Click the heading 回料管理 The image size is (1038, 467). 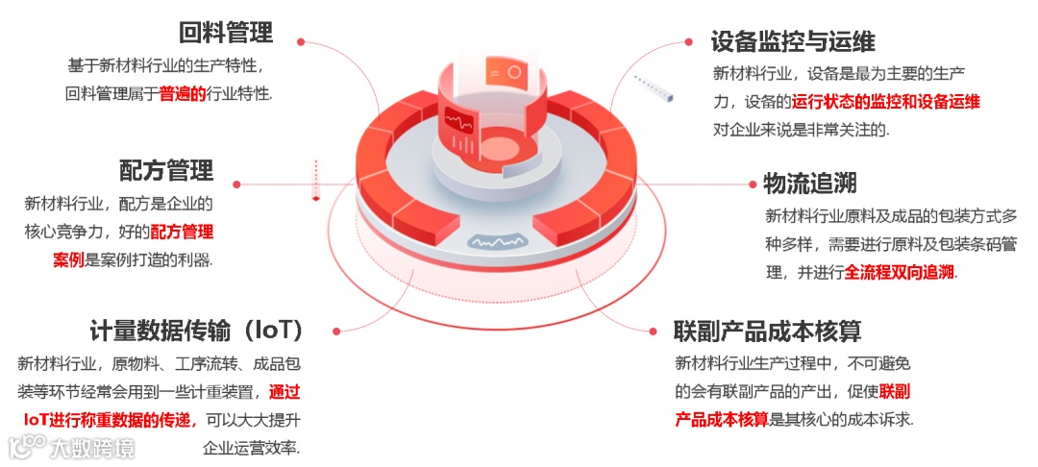226,32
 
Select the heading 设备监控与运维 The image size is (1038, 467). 793,41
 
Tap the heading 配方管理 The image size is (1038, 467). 167,171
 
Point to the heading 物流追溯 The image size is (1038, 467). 810,184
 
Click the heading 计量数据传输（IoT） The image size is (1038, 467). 197,331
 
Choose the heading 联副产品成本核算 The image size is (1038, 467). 767,331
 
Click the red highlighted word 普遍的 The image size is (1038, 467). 183,94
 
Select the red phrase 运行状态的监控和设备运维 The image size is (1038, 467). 886,102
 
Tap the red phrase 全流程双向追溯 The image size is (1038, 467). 899,272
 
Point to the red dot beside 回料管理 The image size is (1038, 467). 301,41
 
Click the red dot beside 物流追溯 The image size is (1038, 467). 752,184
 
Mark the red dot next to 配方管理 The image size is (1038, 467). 237,184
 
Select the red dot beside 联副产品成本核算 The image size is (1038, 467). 653,331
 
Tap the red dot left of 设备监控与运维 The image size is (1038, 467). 689,41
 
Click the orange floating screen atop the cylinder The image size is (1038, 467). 507,71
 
